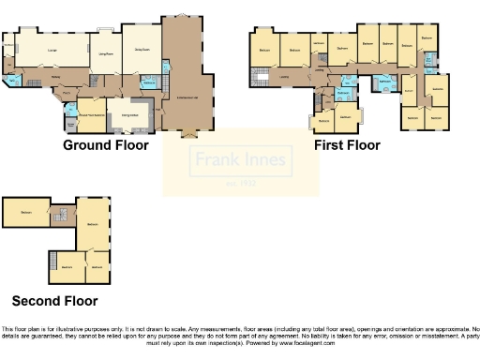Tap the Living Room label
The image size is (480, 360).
pyautogui.click(x=106, y=54)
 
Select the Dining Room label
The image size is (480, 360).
pyautogui.click(x=142, y=50)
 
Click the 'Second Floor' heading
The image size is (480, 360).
pyautogui.click(x=54, y=301)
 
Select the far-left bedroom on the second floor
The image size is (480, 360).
pyautogui.click(x=25, y=215)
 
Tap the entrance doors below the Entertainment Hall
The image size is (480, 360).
pyautogui.click(x=188, y=132)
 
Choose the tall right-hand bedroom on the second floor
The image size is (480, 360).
pyautogui.click(x=94, y=224)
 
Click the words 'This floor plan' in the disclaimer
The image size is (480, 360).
pyautogui.click(x=22, y=329)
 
